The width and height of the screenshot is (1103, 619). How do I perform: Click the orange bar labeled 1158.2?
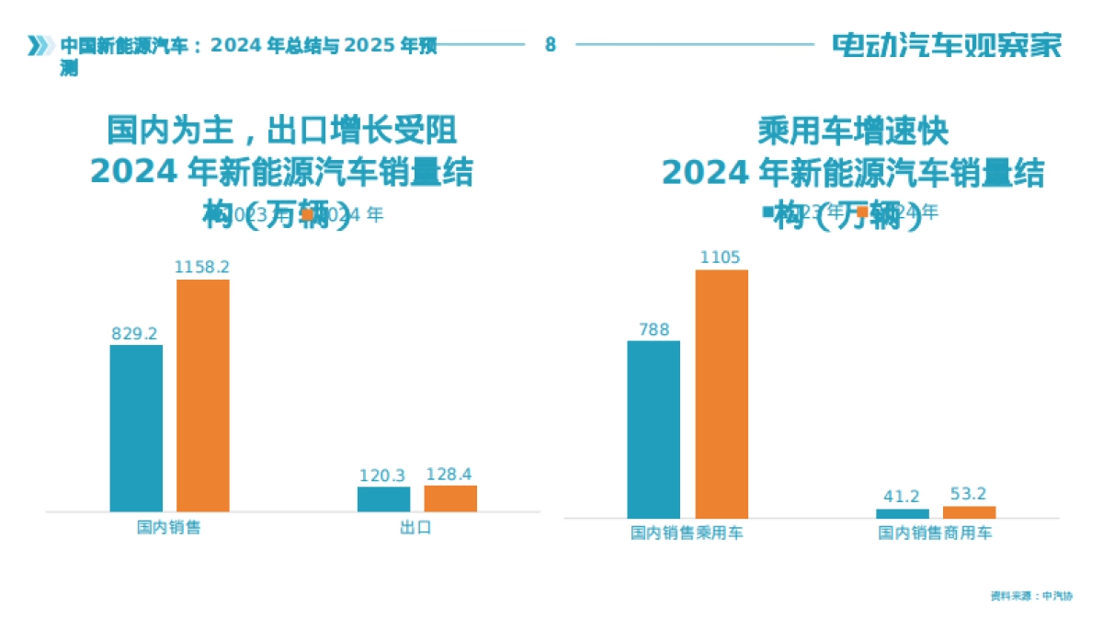(x=203, y=395)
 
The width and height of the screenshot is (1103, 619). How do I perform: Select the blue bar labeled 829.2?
(x=136, y=428)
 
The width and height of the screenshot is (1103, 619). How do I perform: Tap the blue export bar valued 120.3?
(x=383, y=499)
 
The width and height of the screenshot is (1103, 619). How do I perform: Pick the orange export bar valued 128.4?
(x=450, y=498)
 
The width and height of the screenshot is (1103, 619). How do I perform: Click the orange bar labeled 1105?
(x=722, y=394)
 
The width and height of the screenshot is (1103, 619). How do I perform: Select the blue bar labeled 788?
(x=654, y=429)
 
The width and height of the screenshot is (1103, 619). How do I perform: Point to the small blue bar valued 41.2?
(x=903, y=513)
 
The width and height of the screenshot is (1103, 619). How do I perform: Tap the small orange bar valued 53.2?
(x=969, y=511)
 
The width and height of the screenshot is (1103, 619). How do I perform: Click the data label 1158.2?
(x=202, y=267)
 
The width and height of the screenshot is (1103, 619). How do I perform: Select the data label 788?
(x=654, y=329)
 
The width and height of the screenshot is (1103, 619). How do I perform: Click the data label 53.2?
(x=968, y=494)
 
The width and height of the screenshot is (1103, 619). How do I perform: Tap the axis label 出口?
(x=415, y=528)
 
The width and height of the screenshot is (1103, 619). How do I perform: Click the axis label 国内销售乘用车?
(x=687, y=533)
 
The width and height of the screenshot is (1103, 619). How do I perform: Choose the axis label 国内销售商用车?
(x=935, y=533)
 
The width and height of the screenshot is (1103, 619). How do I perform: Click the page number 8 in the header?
(x=550, y=44)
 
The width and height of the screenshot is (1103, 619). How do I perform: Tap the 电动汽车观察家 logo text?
(x=947, y=45)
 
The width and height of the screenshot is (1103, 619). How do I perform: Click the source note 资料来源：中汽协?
(x=1031, y=596)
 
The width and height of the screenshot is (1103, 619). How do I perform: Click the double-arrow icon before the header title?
(x=38, y=45)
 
